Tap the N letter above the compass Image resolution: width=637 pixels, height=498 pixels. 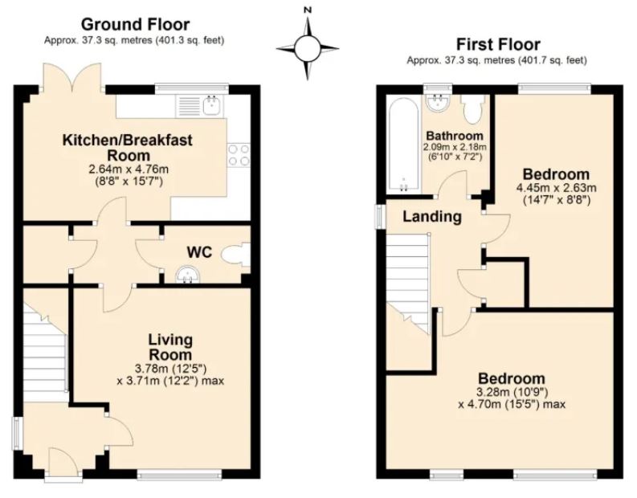[306, 10]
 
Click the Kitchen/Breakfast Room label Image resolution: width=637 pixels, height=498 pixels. [127, 147]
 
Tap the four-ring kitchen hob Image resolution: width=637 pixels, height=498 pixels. [239, 153]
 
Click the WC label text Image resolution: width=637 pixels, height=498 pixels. [199, 252]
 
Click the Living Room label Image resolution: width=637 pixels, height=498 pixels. [170, 346]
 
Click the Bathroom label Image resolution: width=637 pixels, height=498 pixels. [455, 136]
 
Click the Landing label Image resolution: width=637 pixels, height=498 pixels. [431, 216]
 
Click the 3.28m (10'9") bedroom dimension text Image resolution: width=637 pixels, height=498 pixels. [512, 392]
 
